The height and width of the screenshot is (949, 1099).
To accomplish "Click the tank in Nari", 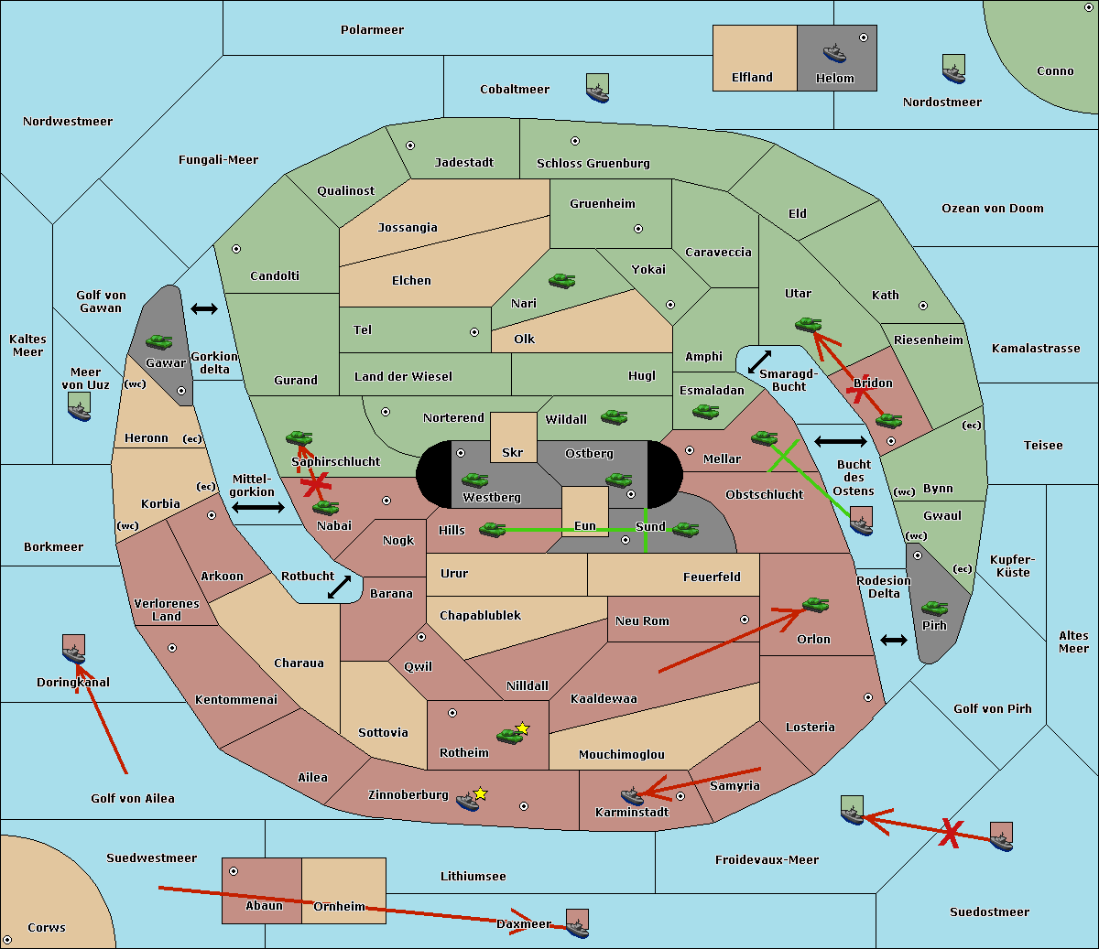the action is pos(562,281).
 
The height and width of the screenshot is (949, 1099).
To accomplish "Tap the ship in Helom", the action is pos(834,53).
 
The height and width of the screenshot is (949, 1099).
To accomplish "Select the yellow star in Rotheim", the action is pos(523,728).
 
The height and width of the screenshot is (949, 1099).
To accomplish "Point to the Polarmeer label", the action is pos(372,30).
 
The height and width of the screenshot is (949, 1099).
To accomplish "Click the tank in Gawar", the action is pos(159,341).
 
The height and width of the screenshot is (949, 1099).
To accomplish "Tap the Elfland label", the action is pos(752,78).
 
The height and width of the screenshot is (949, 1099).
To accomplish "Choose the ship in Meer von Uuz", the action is pos(80,407).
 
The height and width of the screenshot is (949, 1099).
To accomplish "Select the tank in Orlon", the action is pos(816,605).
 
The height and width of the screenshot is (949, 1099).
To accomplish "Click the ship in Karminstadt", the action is pos(632,796).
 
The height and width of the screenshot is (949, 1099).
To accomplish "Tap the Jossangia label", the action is pos(408,228).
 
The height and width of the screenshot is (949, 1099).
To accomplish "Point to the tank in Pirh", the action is pos(935,608).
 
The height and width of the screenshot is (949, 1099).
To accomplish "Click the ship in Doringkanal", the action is pos(74,650).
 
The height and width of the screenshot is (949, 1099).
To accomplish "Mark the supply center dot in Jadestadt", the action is pos(410,146).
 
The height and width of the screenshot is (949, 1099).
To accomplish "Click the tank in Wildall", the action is pos(615,417).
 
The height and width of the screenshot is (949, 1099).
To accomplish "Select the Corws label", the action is pos(47,927).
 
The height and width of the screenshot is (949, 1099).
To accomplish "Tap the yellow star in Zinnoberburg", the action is pos(480,793).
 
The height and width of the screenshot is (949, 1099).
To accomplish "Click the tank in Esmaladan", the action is pos(705,411).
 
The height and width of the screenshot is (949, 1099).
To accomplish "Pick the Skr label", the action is pos(513,452).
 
